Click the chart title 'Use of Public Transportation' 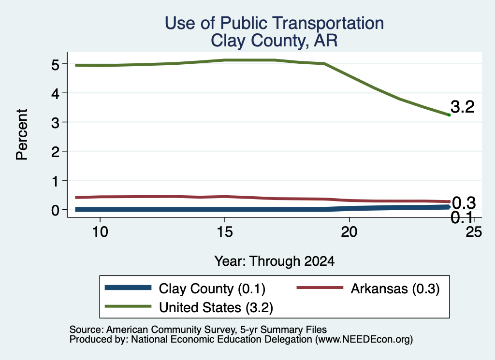(x=275, y=23)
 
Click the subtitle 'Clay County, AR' (x=275, y=41)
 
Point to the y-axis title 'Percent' (x=22, y=135)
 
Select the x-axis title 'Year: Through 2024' (x=275, y=261)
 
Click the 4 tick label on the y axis (x=55, y=93)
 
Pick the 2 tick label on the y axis (x=55, y=152)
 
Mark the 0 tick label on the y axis (x=55, y=210)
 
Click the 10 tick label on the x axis (x=100, y=232)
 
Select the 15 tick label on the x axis (x=225, y=232)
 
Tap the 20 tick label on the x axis (x=349, y=232)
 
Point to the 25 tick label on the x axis (x=474, y=232)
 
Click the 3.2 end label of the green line (x=463, y=107)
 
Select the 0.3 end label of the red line (x=464, y=203)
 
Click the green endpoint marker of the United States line (x=449, y=115)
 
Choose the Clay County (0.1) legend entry (x=185, y=288)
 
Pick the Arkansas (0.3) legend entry (x=368, y=288)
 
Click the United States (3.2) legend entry (x=189, y=307)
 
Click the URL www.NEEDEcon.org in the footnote (x=364, y=340)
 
